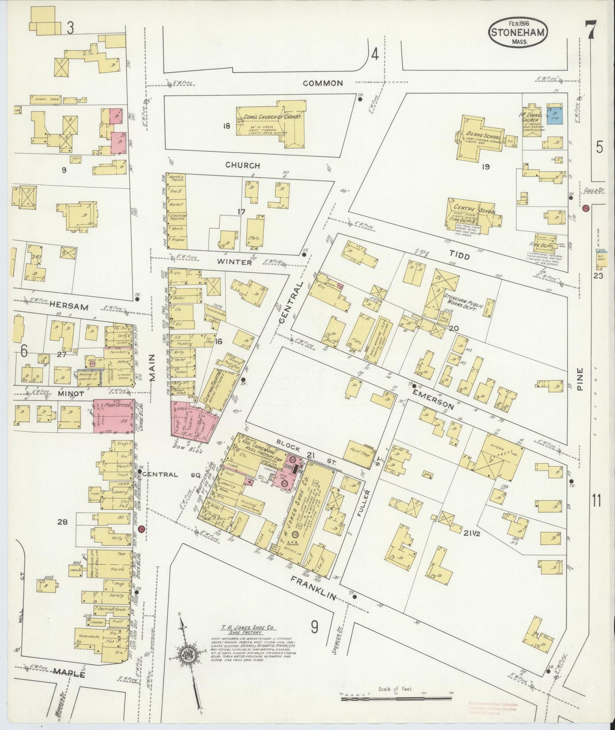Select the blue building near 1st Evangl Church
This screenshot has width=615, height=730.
tap(555, 115)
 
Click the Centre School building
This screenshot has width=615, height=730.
tap(472, 211)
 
